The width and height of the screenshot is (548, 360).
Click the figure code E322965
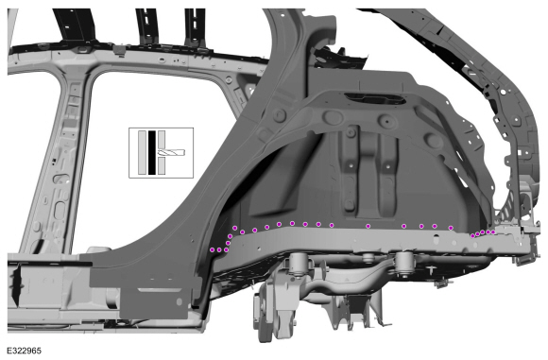click(x=25, y=351)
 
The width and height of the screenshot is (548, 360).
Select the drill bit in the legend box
click(x=171, y=152)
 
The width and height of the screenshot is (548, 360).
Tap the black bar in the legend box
click(x=152, y=152)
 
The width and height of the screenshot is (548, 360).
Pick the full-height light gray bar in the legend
click(x=142, y=152)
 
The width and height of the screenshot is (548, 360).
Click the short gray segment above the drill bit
click(x=162, y=140)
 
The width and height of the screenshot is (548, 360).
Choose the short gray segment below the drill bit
click(x=162, y=165)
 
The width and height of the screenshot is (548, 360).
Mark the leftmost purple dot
click(x=212, y=249)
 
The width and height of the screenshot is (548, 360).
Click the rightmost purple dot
click(x=493, y=232)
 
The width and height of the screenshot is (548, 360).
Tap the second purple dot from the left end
click(x=219, y=249)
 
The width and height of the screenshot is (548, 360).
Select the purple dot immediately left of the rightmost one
click(x=488, y=232)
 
